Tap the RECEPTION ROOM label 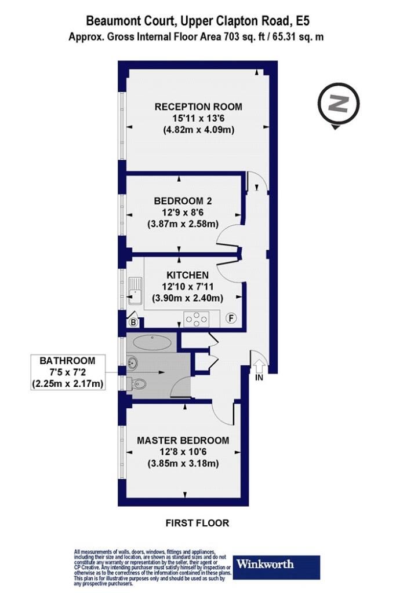(x=198, y=107)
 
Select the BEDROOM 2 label (x=183, y=201)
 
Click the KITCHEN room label (x=187, y=275)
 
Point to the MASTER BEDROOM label (x=183, y=440)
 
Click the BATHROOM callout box (x=68, y=372)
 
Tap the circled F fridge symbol (x=231, y=319)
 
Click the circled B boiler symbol (x=133, y=322)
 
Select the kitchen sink (x=135, y=291)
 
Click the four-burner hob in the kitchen (x=197, y=319)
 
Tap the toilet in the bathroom (x=136, y=384)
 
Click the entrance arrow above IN (x=259, y=367)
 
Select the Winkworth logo (x=277, y=567)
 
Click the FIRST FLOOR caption (x=197, y=523)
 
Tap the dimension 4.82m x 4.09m (x=199, y=130)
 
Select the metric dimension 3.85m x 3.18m (x=183, y=463)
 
